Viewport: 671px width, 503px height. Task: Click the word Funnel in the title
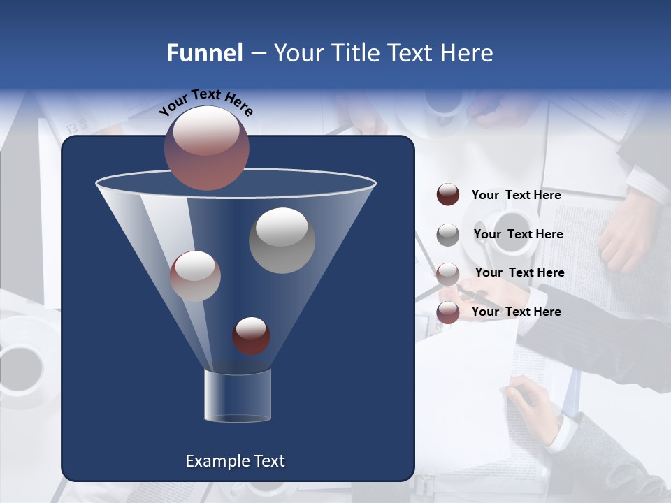click(x=204, y=53)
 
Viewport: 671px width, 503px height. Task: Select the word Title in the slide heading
click(x=356, y=53)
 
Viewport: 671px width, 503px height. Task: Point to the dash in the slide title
click(x=257, y=54)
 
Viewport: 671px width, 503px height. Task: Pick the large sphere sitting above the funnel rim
click(x=207, y=147)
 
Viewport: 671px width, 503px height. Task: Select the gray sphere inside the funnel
click(x=282, y=240)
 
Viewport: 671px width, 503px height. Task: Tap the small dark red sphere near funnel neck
click(x=251, y=335)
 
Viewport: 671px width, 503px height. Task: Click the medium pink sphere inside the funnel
click(x=195, y=276)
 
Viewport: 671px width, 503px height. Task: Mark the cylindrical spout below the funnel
click(x=237, y=396)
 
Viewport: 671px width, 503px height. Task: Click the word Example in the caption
click(x=217, y=461)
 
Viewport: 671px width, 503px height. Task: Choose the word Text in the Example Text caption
click(x=268, y=461)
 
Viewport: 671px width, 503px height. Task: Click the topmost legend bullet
click(x=448, y=194)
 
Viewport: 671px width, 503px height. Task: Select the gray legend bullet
click(x=448, y=234)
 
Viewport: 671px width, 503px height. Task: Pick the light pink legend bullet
click(x=448, y=273)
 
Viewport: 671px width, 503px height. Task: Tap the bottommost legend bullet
click(x=448, y=312)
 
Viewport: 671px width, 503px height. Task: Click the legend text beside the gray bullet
click(x=518, y=234)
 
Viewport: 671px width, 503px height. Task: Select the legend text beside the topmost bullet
click(x=516, y=195)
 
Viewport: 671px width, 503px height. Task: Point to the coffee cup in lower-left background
click(x=21, y=367)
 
